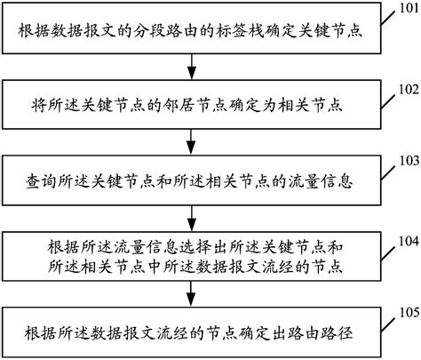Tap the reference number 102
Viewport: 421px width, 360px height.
[x=405, y=89]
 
